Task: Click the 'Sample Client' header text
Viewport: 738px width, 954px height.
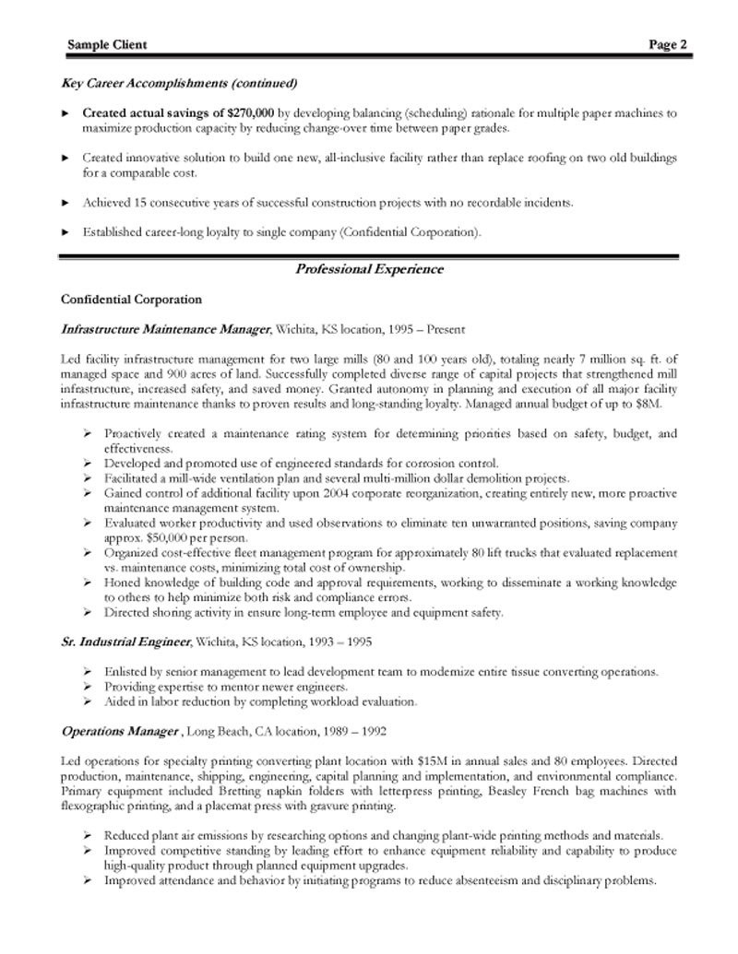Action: click(x=107, y=44)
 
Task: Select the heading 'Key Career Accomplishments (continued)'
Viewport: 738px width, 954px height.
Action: click(x=179, y=83)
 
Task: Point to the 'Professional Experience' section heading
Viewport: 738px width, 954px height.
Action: click(x=369, y=269)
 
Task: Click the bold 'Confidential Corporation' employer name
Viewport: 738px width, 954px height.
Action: click(x=131, y=300)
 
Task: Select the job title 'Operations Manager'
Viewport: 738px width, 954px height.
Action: click(x=120, y=731)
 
